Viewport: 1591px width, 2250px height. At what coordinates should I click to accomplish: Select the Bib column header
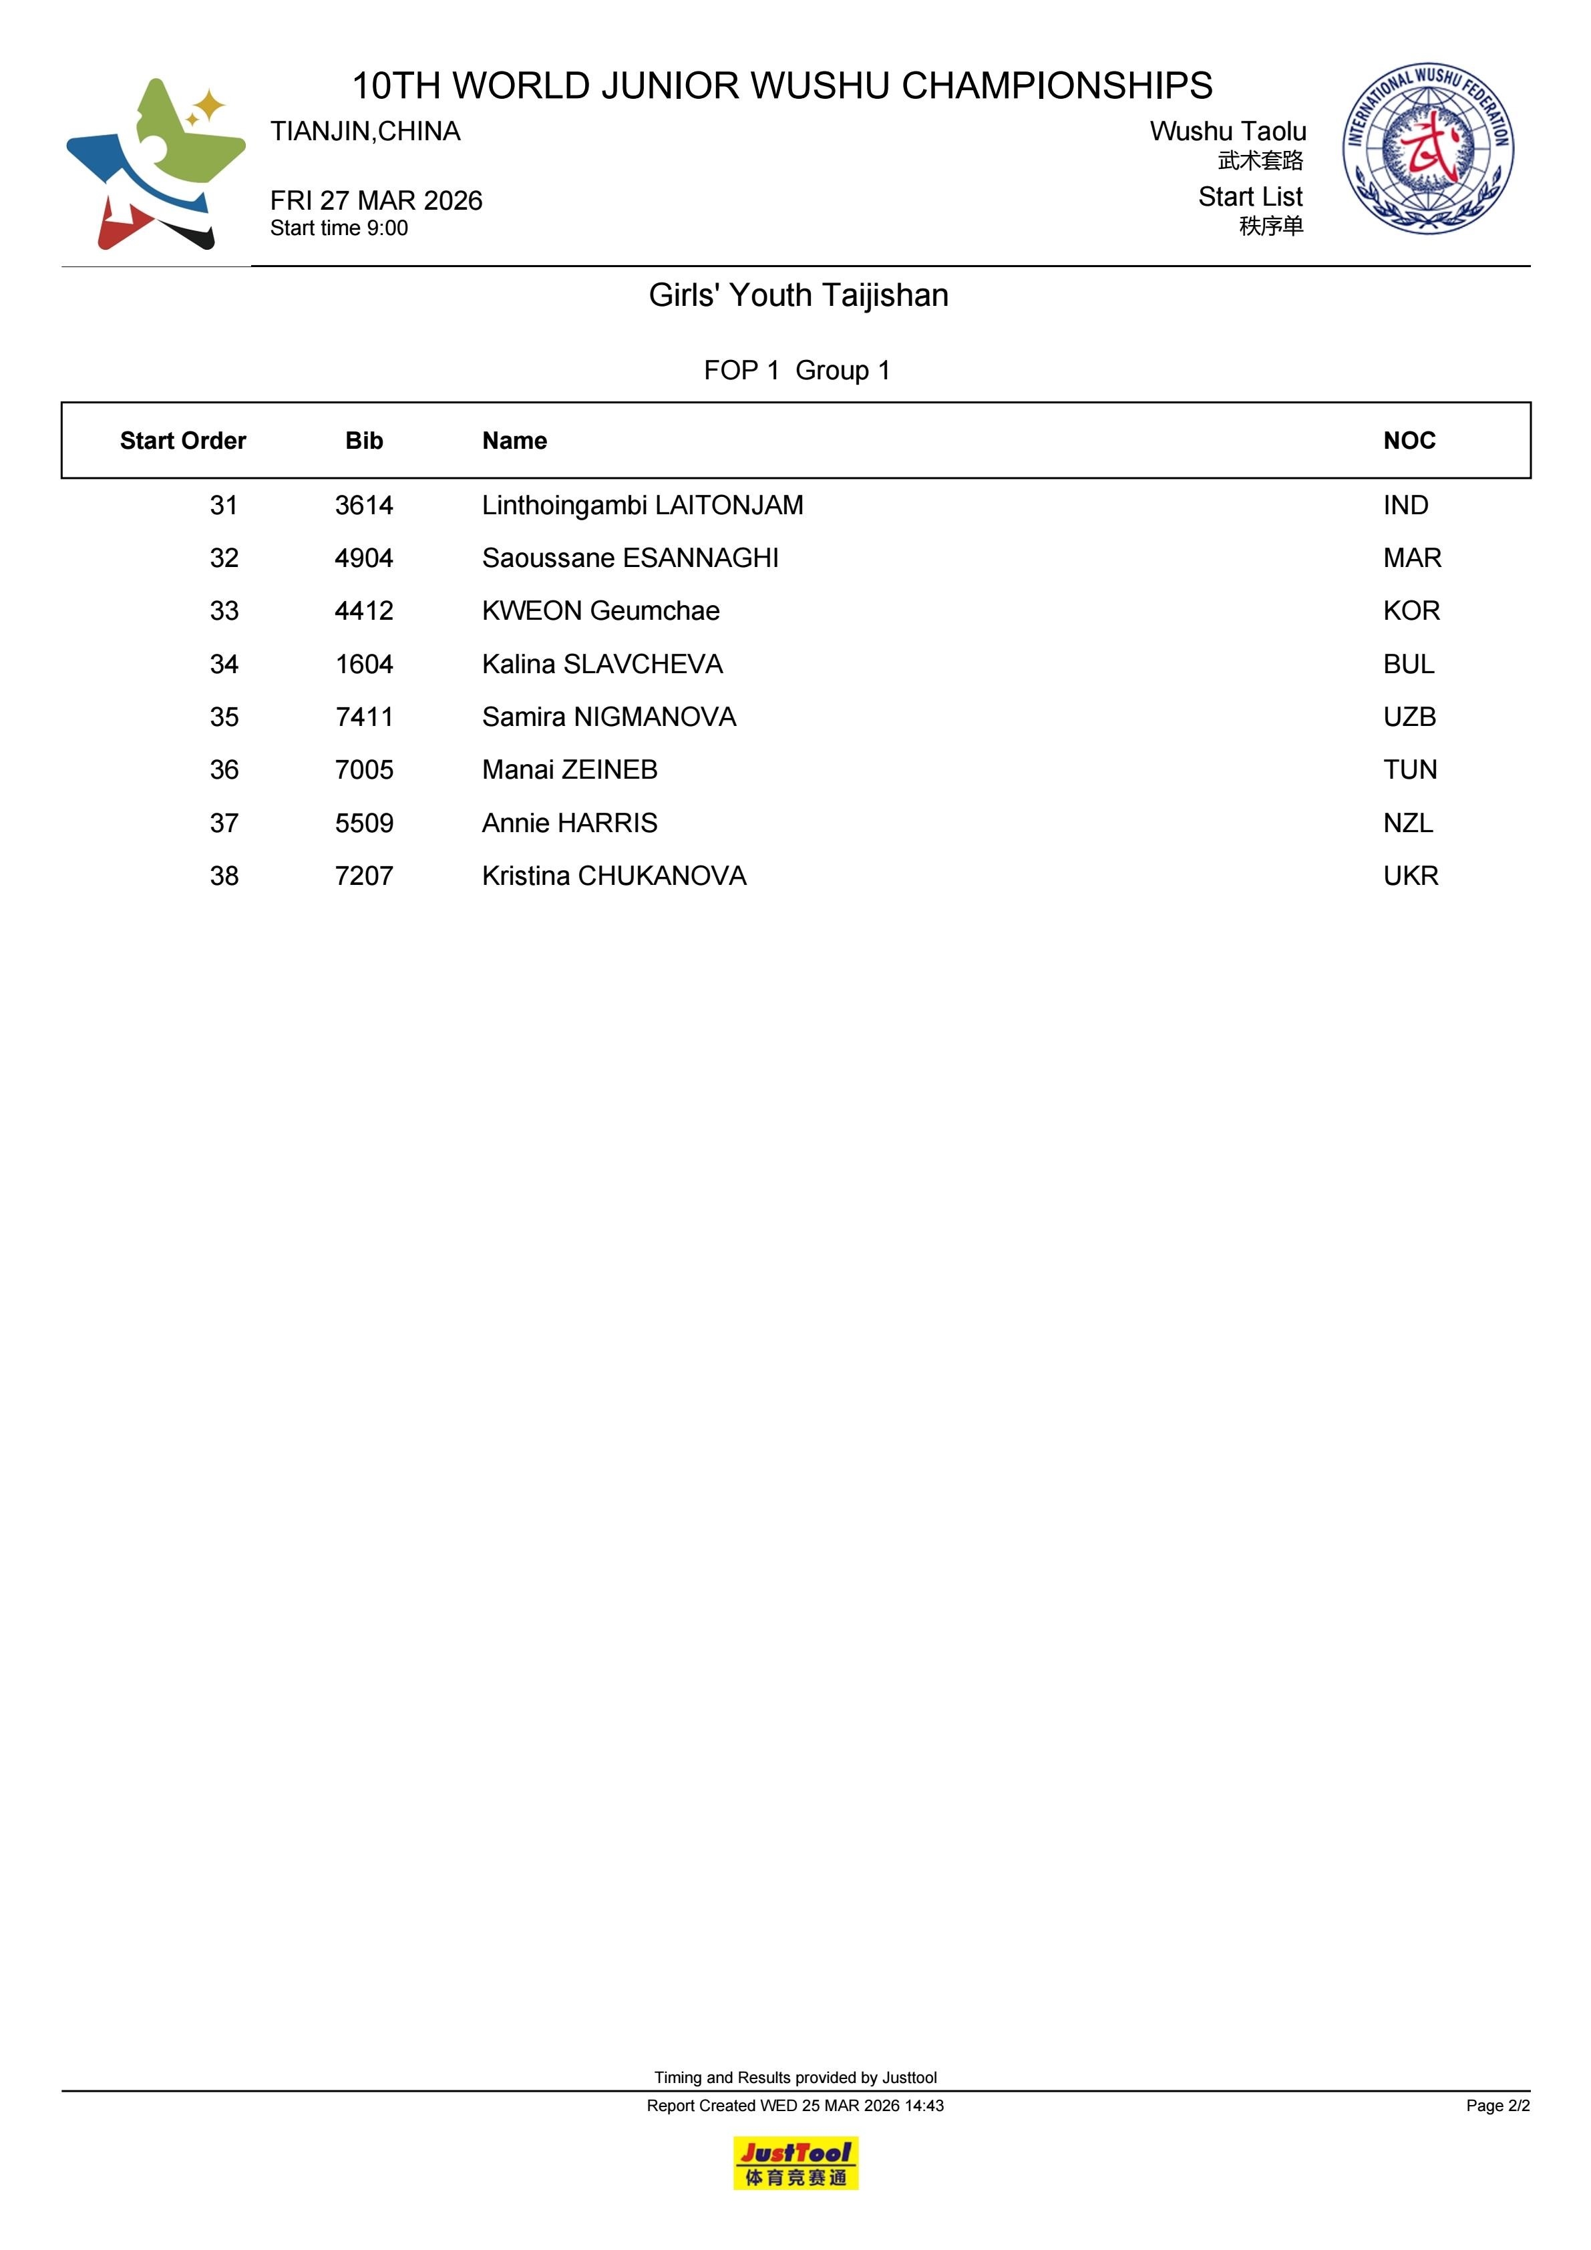point(363,441)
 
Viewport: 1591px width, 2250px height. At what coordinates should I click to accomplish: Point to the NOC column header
point(1409,441)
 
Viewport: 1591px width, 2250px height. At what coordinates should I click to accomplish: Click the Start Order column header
point(182,441)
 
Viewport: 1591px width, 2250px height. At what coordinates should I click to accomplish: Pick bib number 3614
point(363,506)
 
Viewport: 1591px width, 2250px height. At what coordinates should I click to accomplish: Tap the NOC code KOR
point(1411,612)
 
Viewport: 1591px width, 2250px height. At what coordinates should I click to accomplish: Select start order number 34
point(224,665)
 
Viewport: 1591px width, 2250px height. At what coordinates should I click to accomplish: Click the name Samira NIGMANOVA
point(608,717)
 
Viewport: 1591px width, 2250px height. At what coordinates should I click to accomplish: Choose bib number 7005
point(363,770)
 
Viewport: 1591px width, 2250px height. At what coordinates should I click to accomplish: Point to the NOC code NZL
point(1408,823)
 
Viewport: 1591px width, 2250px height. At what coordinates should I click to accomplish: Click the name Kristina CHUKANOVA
point(614,876)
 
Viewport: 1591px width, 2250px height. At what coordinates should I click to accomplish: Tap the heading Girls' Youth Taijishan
point(798,295)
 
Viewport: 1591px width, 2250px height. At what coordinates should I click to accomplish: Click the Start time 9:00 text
point(339,228)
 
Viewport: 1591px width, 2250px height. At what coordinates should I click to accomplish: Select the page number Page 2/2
point(1497,2105)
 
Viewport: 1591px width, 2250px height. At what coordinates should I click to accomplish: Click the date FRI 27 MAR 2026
point(377,201)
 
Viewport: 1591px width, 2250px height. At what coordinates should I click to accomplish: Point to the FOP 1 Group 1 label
point(796,371)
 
